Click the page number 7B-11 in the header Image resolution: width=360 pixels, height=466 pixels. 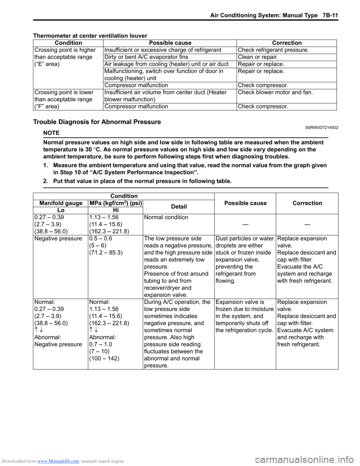328,15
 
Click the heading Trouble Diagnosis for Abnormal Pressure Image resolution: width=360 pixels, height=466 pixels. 97,122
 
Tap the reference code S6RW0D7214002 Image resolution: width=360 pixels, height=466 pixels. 321,128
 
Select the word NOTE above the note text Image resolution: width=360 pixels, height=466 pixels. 51,133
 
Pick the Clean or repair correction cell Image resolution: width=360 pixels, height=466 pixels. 258,57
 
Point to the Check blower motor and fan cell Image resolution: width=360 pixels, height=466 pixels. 275,92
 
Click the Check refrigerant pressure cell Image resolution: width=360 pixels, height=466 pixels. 273,50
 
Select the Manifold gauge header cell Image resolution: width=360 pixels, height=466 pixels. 61,203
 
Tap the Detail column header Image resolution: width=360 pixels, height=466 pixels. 179,207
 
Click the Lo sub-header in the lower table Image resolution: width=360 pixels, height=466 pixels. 61,210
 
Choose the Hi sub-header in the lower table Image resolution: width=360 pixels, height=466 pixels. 115,210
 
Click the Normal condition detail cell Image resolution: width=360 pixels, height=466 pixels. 166,217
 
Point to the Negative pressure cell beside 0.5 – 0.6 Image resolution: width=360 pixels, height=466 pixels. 58,239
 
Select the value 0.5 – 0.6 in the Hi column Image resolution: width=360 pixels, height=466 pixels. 100,239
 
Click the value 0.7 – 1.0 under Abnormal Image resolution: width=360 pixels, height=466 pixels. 100,344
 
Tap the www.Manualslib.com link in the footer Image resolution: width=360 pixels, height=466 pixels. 58,461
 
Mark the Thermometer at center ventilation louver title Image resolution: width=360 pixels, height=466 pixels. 90,36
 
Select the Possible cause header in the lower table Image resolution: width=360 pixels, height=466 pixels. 245,203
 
